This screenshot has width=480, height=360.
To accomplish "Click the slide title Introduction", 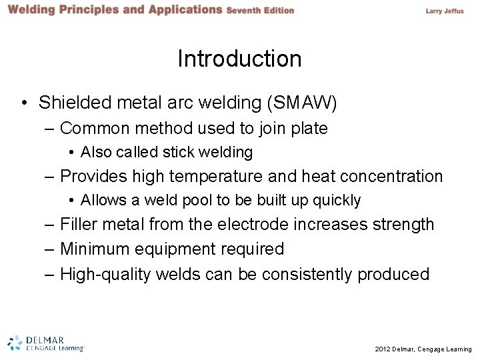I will pyautogui.click(x=239, y=59).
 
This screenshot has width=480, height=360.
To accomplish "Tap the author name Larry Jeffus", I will pyautogui.click(x=444, y=11).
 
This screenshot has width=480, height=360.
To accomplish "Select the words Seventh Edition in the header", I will pyautogui.click(x=260, y=11).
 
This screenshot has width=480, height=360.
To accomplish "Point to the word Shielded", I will pyautogui.click(x=71, y=103).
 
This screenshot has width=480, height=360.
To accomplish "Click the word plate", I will pyautogui.click(x=309, y=128).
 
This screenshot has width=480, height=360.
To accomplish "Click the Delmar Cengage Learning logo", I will pyautogui.click(x=46, y=343).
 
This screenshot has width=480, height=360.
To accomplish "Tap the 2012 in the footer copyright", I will pyautogui.click(x=383, y=349).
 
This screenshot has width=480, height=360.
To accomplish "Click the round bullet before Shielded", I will pyautogui.click(x=25, y=103).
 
